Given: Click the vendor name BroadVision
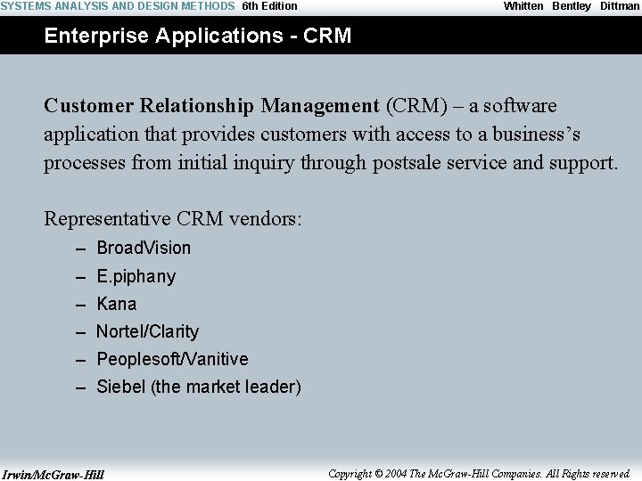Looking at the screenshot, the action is pyautogui.click(x=144, y=248).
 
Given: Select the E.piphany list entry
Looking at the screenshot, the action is pyautogui.click(x=136, y=276).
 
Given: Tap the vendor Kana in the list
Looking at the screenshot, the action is pyautogui.click(x=117, y=304).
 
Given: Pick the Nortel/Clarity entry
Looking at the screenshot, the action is pyautogui.click(x=147, y=331).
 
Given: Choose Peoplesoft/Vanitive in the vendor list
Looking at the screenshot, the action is pyautogui.click(x=172, y=359).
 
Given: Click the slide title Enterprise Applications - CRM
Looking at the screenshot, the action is pyautogui.click(x=198, y=36).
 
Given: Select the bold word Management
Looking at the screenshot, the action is pyautogui.click(x=320, y=106).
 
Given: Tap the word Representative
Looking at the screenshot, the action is pyautogui.click(x=107, y=218).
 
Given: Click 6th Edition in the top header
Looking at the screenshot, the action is pyautogui.click(x=270, y=6).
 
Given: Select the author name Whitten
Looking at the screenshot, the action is pyautogui.click(x=523, y=6).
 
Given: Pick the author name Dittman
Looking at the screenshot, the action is pyautogui.click(x=620, y=6).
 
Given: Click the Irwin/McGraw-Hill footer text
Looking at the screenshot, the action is pyautogui.click(x=53, y=474).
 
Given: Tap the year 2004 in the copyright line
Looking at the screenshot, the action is pyautogui.click(x=397, y=474).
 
